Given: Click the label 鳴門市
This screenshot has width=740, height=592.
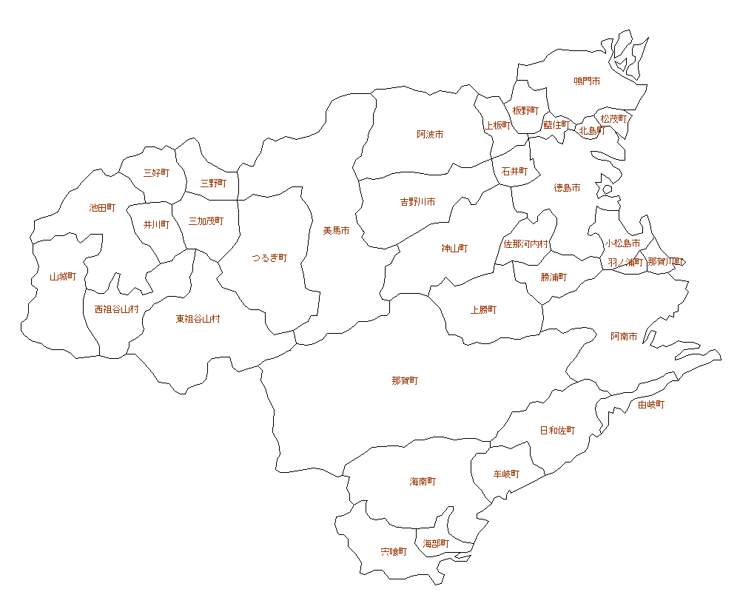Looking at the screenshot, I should pyautogui.click(x=587, y=81).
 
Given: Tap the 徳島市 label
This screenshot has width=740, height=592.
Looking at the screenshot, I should pyautogui.click(x=567, y=188).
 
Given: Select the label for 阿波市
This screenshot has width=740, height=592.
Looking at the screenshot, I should pyautogui.click(x=430, y=135).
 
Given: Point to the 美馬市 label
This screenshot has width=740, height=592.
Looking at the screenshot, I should pyautogui.click(x=336, y=231).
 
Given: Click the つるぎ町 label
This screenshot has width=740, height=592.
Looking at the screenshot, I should pyautogui.click(x=269, y=258).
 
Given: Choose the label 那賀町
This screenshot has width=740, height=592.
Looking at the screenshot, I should pyautogui.click(x=405, y=381).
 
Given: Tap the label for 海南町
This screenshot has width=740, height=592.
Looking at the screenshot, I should pyautogui.click(x=423, y=482).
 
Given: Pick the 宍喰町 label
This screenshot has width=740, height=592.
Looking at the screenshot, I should pyautogui.click(x=394, y=552).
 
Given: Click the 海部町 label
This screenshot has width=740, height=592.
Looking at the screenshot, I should pyautogui.click(x=436, y=544).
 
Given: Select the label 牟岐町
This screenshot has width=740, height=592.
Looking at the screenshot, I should pyautogui.click(x=506, y=474).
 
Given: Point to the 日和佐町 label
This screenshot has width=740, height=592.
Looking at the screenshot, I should pyautogui.click(x=557, y=431).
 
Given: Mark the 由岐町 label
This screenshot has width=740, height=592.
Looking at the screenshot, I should pyautogui.click(x=651, y=405).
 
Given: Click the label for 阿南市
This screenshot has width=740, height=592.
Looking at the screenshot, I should pyautogui.click(x=624, y=337).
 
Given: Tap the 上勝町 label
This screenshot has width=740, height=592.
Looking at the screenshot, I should pyautogui.click(x=483, y=310).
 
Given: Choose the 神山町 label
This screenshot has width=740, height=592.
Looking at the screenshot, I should pyautogui.click(x=454, y=249).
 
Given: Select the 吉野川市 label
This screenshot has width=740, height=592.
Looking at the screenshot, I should pyautogui.click(x=417, y=201).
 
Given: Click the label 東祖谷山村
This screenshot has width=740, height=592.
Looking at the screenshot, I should pyautogui.click(x=198, y=320).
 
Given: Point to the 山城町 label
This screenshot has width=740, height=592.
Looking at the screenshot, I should pyautogui.click(x=63, y=277).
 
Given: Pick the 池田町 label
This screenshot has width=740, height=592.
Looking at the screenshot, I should pyautogui.click(x=102, y=208).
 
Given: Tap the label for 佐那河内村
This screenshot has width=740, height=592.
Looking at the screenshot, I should pyautogui.click(x=526, y=243).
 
